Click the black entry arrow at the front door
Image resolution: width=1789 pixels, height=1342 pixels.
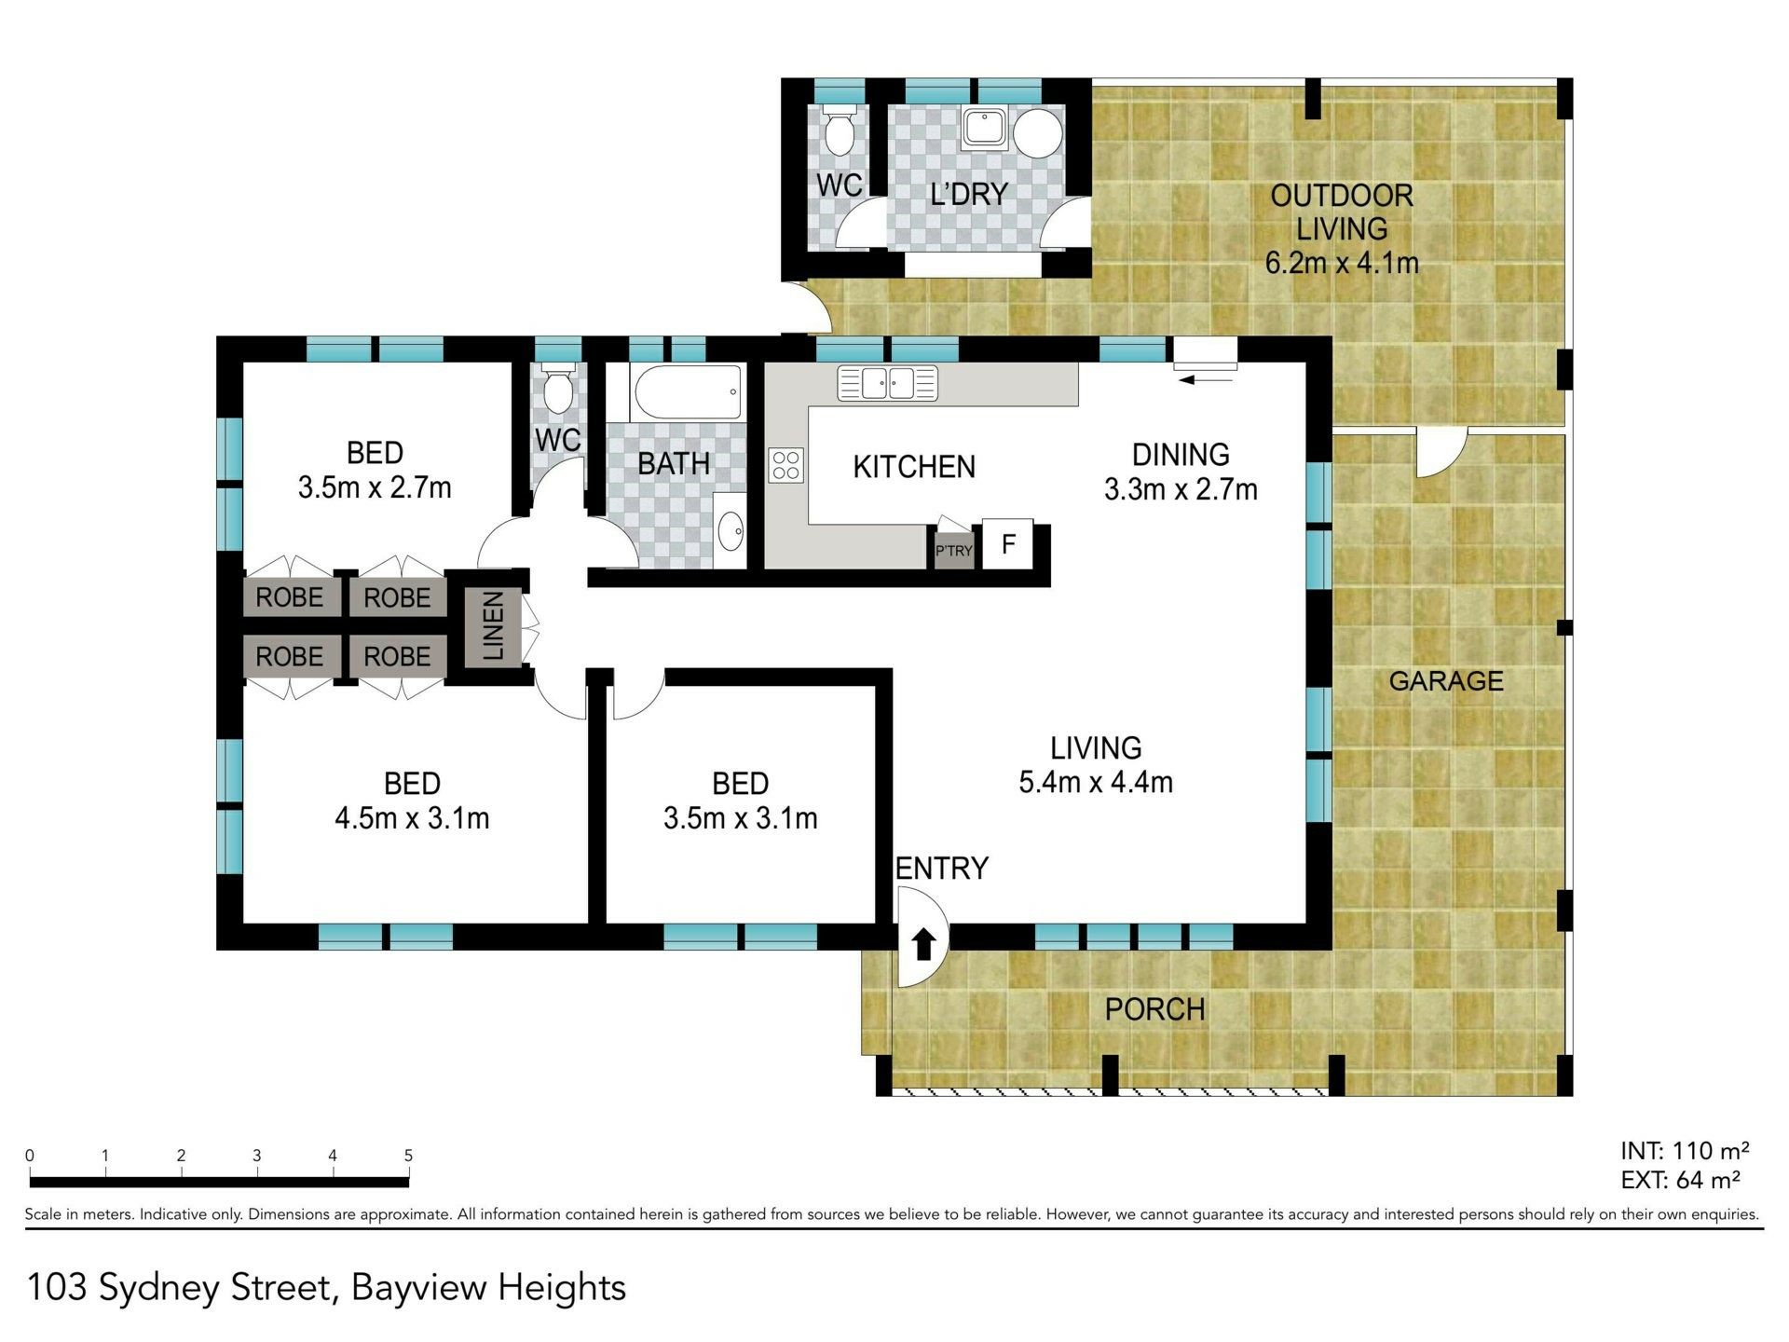(923, 944)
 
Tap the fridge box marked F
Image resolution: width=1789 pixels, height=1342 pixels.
(1007, 543)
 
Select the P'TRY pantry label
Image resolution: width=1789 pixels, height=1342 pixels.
(953, 551)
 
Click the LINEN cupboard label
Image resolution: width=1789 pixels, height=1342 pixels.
(493, 626)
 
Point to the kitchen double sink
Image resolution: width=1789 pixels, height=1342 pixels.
(887, 383)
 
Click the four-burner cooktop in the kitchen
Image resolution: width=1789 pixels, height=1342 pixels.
(785, 465)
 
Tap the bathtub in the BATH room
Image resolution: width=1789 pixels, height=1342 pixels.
(689, 392)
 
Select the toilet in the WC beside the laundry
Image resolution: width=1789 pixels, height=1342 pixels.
(840, 130)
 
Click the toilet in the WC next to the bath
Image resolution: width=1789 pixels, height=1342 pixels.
(558, 390)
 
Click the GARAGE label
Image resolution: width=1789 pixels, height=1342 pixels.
(1446, 681)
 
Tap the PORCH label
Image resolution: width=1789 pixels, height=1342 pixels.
(1154, 1009)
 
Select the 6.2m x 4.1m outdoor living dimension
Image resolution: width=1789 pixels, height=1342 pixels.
(1342, 263)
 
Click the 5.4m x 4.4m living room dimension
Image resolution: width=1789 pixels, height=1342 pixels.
(1096, 782)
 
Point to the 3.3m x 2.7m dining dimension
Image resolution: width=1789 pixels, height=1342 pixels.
(1181, 489)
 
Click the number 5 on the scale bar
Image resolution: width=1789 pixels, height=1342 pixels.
(408, 1156)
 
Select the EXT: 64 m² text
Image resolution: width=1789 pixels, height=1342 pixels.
(1680, 1180)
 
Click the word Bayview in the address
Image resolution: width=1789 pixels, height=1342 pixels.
(418, 1289)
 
